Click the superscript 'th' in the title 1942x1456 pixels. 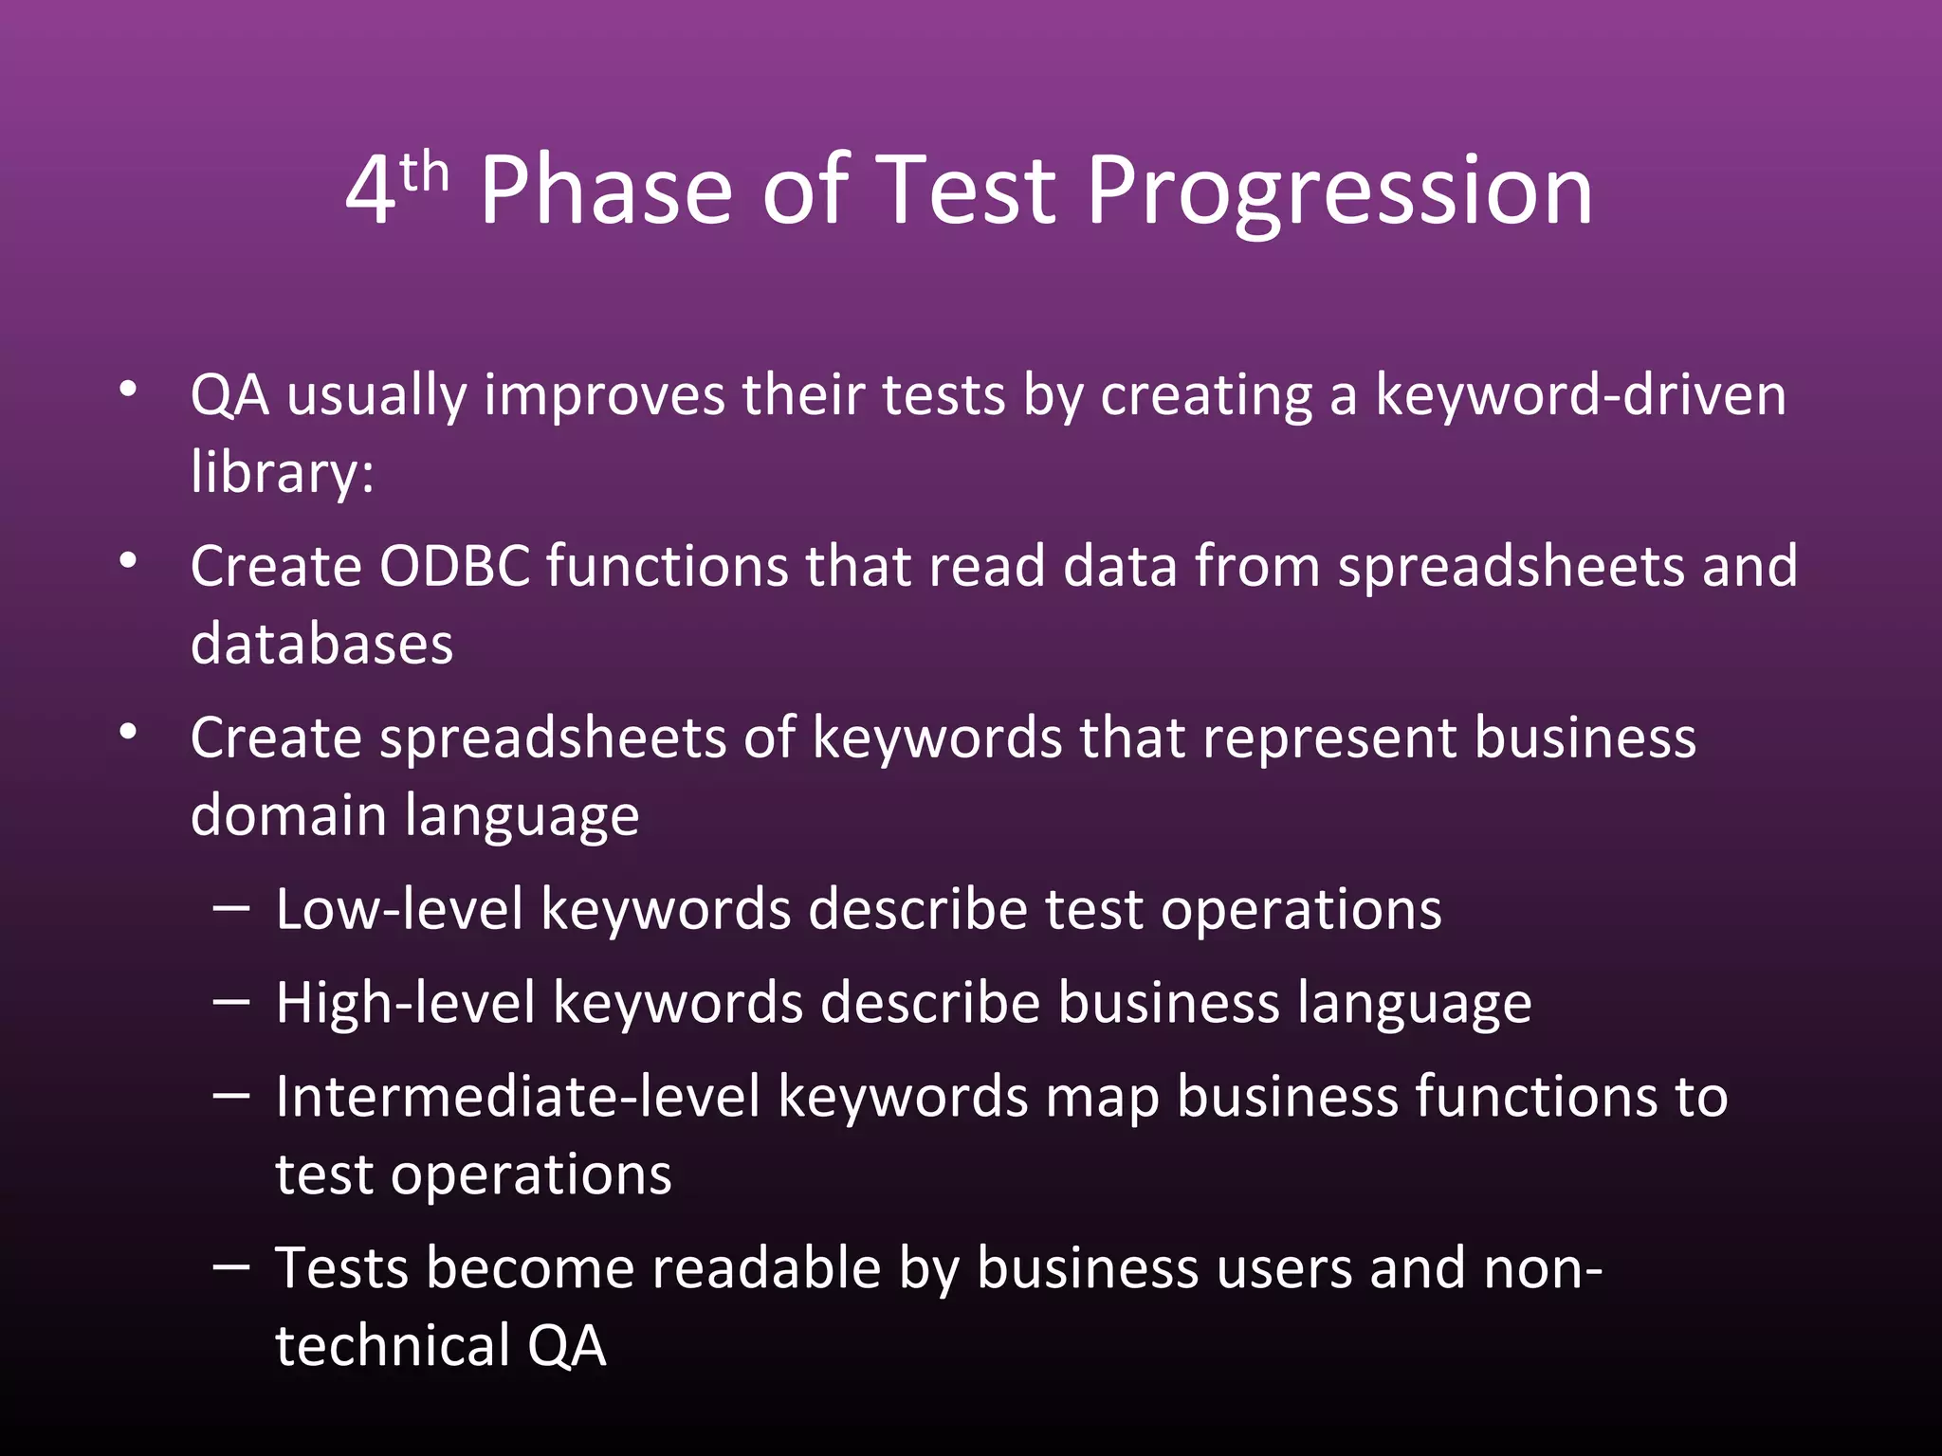[424, 173]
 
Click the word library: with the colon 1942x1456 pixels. [283, 471]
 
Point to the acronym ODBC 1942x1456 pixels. [454, 566]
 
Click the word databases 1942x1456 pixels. [321, 644]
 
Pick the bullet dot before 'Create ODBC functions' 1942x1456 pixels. [129, 561]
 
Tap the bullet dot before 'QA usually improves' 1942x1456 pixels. [129, 390]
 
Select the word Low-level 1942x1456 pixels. [399, 909]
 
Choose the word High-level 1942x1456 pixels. [406, 1003]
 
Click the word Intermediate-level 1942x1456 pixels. [518, 1097]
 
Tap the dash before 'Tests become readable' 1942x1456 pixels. [231, 1265]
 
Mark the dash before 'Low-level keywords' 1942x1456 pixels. [231, 908]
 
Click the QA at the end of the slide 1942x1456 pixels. [566, 1345]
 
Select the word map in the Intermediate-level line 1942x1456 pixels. [1102, 1098]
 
